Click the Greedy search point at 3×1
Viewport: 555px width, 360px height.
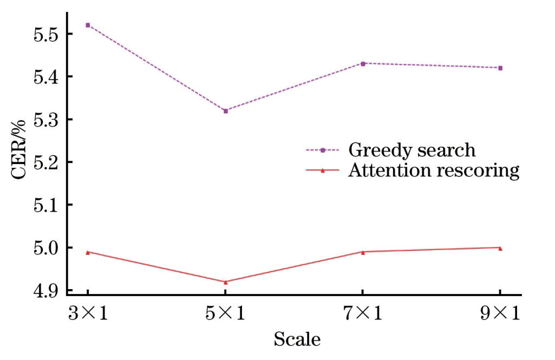(88, 25)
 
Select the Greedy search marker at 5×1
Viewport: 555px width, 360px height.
(225, 111)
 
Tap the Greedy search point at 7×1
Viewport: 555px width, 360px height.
(363, 63)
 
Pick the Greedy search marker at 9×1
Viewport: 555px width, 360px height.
(500, 68)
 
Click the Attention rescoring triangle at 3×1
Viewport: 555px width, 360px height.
(88, 252)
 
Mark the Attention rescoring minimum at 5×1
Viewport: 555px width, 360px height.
(225, 282)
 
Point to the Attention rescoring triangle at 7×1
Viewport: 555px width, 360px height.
(363, 252)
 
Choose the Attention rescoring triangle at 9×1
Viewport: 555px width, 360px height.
(500, 248)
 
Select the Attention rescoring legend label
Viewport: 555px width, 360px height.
(434, 171)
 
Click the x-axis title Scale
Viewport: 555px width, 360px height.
(297, 340)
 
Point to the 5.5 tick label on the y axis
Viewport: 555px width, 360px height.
(45, 34)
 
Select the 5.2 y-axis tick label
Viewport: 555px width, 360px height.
(45, 162)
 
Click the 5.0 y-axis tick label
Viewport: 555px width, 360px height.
(45, 248)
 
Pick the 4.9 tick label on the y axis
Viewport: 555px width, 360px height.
(45, 291)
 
